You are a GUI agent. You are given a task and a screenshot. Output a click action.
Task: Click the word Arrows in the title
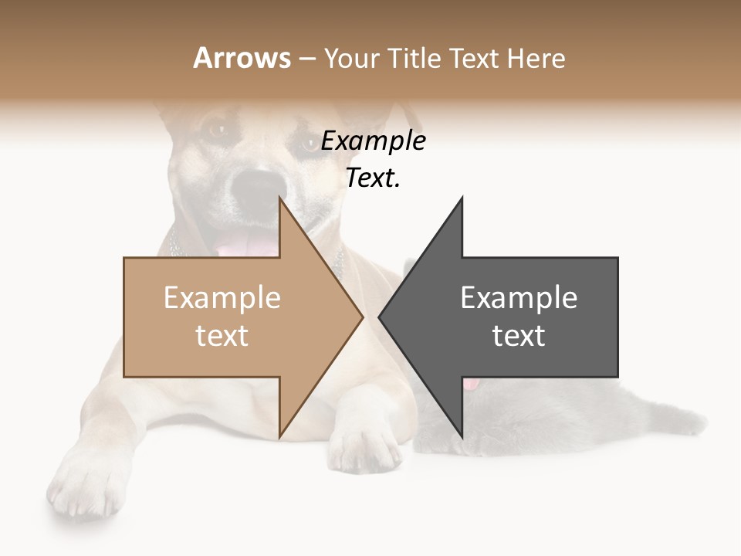(x=242, y=58)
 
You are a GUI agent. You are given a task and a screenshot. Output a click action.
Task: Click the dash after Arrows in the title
(x=306, y=59)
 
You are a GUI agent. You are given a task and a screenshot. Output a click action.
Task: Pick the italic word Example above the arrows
(x=373, y=141)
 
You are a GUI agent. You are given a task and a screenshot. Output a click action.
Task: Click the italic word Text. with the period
(x=373, y=178)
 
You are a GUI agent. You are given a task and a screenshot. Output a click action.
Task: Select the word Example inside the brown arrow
(x=222, y=298)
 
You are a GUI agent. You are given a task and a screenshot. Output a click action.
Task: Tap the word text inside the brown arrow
(x=222, y=335)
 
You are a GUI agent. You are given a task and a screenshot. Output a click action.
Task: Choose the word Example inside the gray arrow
(x=519, y=298)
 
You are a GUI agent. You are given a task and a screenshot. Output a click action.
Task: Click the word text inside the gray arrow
(x=519, y=335)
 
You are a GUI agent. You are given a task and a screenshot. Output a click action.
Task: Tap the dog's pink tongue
(x=245, y=246)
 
